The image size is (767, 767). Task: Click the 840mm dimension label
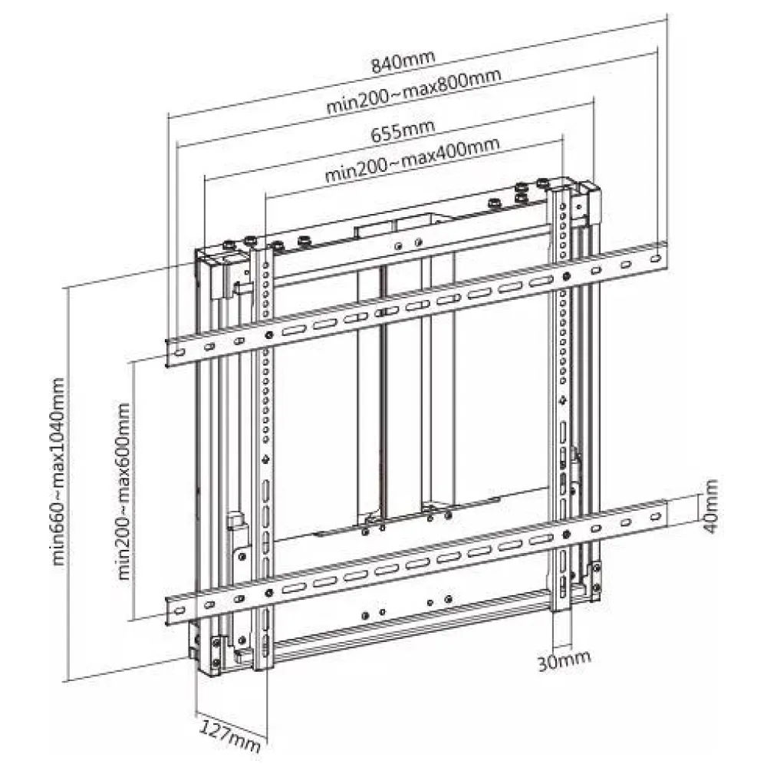[x=403, y=61]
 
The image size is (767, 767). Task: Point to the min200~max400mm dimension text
[x=413, y=160]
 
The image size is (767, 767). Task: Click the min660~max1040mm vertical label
[x=59, y=471]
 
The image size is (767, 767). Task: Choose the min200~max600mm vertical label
[x=124, y=491]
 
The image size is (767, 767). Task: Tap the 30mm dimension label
[x=564, y=661]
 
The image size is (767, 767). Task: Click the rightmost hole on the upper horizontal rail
[x=657, y=257]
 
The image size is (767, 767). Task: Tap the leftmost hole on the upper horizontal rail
[x=179, y=352]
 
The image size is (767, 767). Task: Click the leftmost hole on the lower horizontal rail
[x=179, y=611]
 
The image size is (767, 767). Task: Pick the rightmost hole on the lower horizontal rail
[x=657, y=516]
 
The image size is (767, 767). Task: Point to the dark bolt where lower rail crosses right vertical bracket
[x=566, y=534]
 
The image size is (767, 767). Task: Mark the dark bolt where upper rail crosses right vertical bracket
[x=566, y=276]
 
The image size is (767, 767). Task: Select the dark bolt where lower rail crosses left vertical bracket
[x=268, y=594]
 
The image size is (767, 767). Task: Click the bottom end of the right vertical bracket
[x=561, y=610]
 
